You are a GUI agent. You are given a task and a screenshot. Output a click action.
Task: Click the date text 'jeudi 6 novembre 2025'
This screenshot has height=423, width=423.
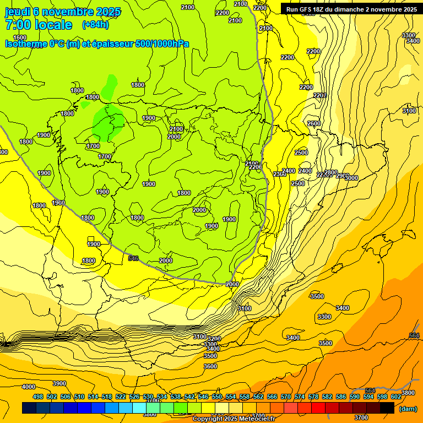point(63,12)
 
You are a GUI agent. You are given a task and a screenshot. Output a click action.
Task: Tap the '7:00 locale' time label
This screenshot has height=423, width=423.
point(39,25)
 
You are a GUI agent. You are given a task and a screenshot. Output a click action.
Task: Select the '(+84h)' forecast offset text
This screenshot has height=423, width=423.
point(95,25)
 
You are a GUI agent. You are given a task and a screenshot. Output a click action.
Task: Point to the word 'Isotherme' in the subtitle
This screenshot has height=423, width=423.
point(25,44)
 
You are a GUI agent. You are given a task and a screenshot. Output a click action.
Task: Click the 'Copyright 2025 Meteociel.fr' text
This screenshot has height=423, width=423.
point(235,419)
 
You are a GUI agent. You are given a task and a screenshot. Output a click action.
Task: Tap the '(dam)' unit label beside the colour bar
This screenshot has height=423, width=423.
point(408,408)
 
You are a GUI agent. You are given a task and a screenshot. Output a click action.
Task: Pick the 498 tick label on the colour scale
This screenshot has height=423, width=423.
point(38,397)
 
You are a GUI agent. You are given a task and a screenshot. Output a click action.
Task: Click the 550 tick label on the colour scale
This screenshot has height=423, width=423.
point(218,397)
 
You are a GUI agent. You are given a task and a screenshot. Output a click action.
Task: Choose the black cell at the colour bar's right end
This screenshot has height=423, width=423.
point(387,408)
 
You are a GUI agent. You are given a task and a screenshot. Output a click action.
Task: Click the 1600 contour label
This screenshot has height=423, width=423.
point(20,37)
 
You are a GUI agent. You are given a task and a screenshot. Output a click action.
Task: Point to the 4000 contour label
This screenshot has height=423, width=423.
point(29,387)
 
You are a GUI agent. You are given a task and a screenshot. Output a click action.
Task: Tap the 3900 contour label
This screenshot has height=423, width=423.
point(59,383)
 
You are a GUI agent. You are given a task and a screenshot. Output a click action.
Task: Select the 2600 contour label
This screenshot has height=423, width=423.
point(314,124)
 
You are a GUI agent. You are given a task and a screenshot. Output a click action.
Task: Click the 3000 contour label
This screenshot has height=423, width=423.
point(351,178)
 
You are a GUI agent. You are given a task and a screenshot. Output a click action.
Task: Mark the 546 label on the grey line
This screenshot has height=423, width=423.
point(133,258)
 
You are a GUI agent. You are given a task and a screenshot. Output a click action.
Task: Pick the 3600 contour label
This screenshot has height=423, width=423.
point(210,366)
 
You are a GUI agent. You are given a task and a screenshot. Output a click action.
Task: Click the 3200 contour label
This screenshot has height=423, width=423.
point(214,339)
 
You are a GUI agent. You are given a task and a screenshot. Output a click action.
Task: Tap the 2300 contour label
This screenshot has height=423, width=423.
point(279,174)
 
